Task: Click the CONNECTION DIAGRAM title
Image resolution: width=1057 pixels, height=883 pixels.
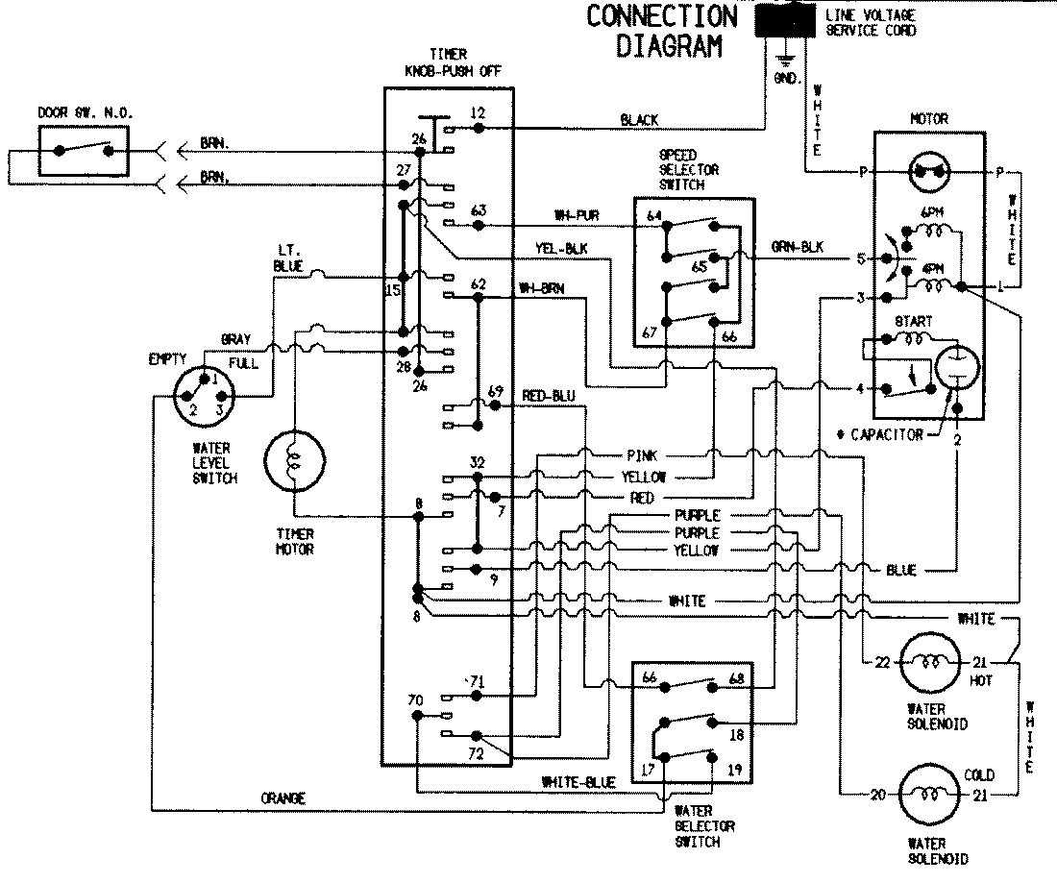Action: click(x=661, y=31)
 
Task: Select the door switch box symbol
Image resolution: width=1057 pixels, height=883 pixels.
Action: click(x=84, y=151)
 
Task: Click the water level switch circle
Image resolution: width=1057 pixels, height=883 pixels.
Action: click(x=206, y=397)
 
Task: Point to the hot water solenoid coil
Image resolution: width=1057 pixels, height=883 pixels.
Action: click(x=928, y=662)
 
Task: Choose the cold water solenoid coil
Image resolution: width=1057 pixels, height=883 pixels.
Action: click(x=928, y=795)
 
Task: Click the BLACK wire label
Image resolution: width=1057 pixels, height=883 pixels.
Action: click(x=639, y=120)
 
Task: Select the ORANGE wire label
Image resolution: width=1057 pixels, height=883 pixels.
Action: click(x=283, y=798)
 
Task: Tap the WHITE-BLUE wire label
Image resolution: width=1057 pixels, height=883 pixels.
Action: click(x=578, y=782)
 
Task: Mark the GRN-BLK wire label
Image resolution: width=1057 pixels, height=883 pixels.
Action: click(x=798, y=247)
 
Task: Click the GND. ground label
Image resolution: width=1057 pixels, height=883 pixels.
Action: click(x=786, y=79)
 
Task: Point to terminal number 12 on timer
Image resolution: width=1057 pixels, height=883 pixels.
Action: click(x=478, y=113)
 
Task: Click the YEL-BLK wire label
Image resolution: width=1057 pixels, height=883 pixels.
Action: click(x=561, y=248)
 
